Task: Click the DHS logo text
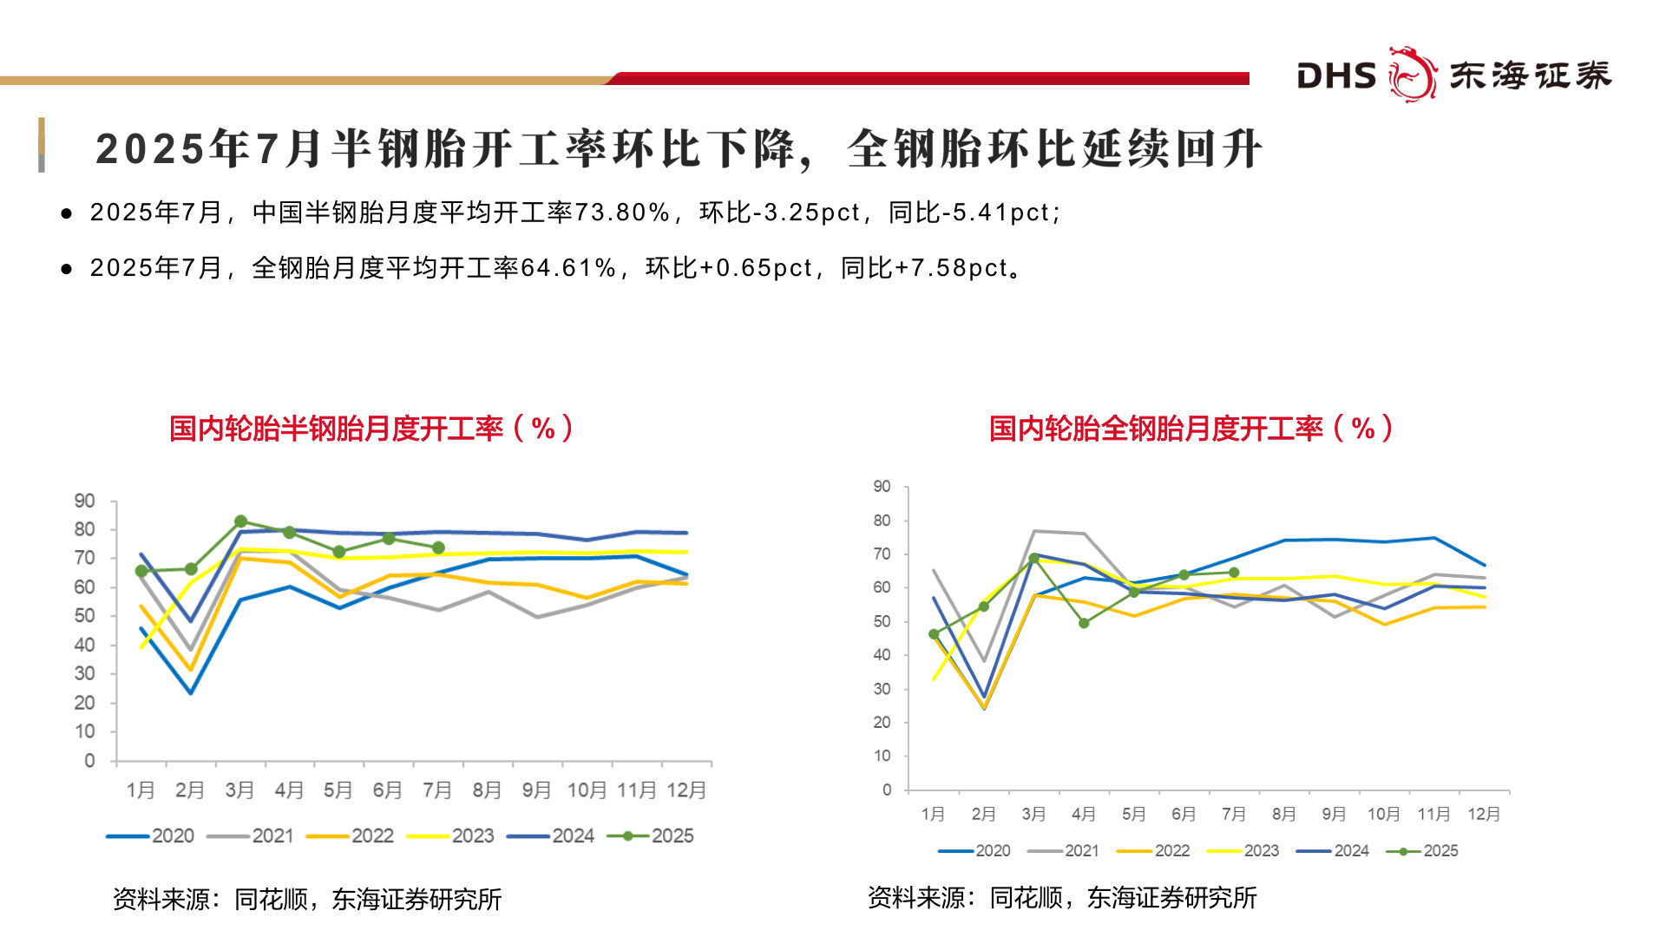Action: pos(1336,76)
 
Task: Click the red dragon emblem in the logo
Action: pos(1412,75)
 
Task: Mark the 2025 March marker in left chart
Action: pos(240,521)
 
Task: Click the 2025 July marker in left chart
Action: pos(438,548)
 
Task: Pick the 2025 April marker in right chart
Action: pos(1084,623)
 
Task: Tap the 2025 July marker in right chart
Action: pos(1234,573)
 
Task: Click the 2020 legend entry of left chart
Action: pos(150,835)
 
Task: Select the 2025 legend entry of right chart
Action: pos(1422,851)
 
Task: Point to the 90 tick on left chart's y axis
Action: pos(84,501)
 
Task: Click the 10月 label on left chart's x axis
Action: pos(587,790)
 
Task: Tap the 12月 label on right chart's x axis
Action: pos(1484,814)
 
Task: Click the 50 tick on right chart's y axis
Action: pos(882,621)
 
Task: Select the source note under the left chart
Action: pos(307,900)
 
